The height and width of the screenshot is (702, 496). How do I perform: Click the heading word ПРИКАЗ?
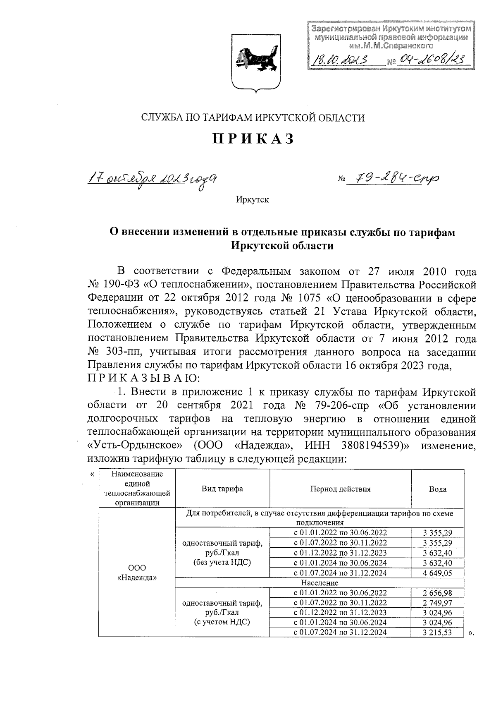coord(253,139)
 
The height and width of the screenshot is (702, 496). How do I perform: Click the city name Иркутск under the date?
coord(253,200)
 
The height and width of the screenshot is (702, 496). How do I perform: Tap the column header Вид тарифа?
coord(222,489)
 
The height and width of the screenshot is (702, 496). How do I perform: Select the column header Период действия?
coord(340,489)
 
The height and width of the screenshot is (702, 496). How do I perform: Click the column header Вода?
coord(437,489)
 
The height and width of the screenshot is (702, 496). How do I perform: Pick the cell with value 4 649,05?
coord(437,573)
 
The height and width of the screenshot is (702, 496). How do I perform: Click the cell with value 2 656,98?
coord(437,593)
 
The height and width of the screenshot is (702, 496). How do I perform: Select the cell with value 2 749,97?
coord(437,603)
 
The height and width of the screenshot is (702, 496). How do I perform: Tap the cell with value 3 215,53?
coord(437,633)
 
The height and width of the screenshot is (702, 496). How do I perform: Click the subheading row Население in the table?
coord(320,583)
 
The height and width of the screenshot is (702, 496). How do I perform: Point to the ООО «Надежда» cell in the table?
coord(137,573)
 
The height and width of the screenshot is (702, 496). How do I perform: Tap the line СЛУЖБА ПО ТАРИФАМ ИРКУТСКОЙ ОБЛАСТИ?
coord(253,118)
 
